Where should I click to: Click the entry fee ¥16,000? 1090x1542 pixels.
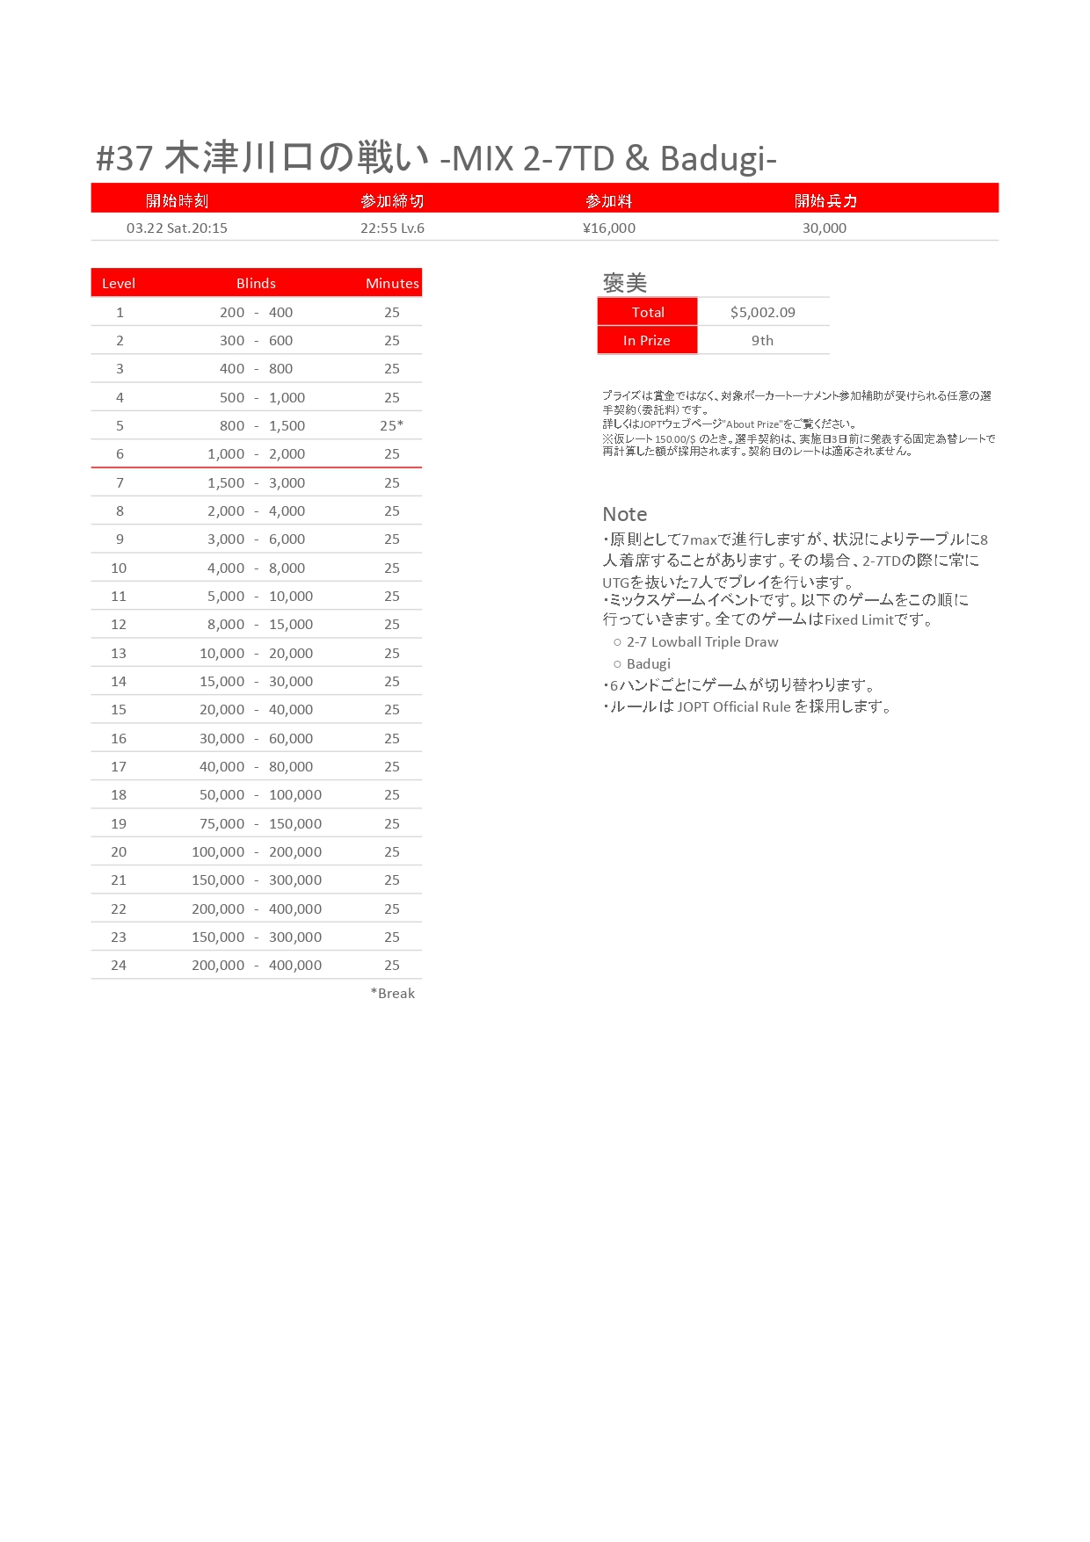pos(608,228)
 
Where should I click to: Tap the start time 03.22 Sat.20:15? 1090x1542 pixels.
pos(177,228)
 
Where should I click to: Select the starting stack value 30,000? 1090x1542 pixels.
pos(824,228)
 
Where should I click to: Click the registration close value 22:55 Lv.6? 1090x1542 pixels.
pos(392,228)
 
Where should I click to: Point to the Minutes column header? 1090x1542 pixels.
pos(392,284)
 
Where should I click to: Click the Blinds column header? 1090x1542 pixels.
pos(256,284)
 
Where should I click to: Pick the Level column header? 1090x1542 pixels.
pos(119,284)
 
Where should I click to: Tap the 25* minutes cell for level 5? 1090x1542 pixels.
pos(392,426)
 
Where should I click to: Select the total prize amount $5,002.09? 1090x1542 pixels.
pos(762,313)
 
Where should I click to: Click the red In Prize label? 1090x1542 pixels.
pos(647,341)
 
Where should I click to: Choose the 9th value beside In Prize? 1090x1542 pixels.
pos(762,341)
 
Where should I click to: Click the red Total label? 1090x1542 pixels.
pos(648,313)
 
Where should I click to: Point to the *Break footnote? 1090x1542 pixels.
pos(393,994)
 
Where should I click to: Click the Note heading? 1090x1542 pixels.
pos(625,515)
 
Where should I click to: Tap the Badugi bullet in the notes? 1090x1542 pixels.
pos(648,664)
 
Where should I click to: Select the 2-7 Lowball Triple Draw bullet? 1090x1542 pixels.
pos(701,642)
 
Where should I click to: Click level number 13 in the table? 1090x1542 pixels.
pos(119,654)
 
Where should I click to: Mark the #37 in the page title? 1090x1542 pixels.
pos(125,159)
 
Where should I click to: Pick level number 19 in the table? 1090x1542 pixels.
pos(119,824)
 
